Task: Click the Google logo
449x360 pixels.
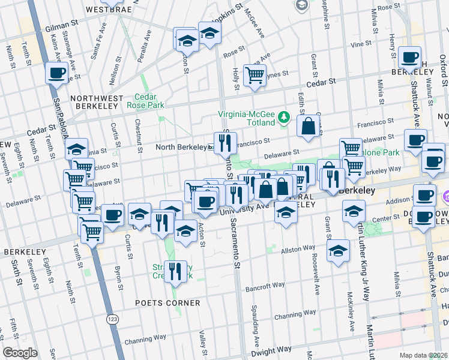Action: click(20, 353)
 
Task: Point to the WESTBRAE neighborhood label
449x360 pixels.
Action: click(106, 10)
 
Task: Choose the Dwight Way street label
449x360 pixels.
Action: click(271, 349)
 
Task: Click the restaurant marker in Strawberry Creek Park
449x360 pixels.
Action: click(175, 271)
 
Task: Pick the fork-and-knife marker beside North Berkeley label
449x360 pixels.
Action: click(225, 143)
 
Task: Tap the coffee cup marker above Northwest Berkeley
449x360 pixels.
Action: click(56, 73)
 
